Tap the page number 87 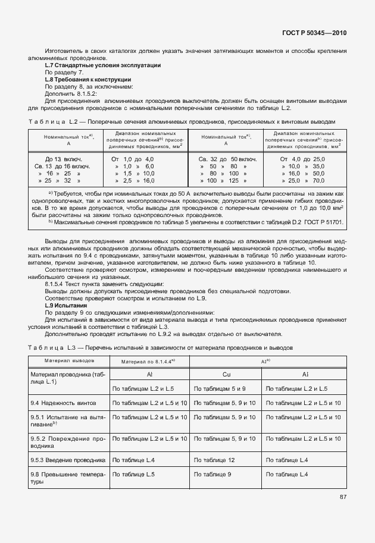tap(343, 497)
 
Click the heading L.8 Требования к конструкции tap(87, 79)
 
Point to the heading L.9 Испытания tap(65, 305)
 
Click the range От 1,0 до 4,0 tap(132, 159)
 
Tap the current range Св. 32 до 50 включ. tap(227, 159)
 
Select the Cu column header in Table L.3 tap(226, 375)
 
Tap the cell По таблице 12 tap(214, 460)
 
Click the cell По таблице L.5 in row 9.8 tap(133, 474)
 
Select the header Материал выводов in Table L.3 tap(67, 360)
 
